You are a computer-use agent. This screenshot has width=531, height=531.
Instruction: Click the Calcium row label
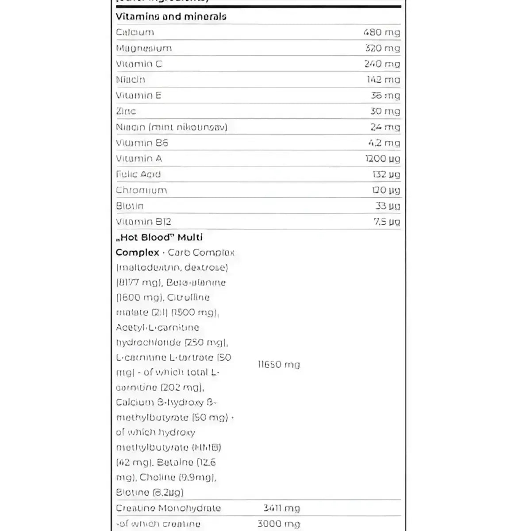click(135, 32)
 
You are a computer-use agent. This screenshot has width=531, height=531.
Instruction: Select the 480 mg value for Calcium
click(381, 32)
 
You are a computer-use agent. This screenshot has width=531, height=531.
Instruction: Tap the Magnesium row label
click(144, 48)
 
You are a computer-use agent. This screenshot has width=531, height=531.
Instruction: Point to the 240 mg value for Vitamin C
click(382, 64)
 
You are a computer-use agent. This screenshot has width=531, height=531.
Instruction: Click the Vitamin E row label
click(139, 96)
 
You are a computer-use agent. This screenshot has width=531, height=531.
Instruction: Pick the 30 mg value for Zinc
click(385, 112)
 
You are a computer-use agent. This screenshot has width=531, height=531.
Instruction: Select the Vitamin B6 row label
click(142, 143)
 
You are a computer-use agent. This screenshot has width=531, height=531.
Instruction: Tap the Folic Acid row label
click(138, 174)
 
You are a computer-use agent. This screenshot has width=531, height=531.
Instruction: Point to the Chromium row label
click(142, 190)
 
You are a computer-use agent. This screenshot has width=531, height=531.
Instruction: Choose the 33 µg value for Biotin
click(387, 206)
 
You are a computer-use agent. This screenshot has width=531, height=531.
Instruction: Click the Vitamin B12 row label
click(143, 222)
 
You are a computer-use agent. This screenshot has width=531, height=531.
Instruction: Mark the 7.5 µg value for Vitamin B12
click(387, 222)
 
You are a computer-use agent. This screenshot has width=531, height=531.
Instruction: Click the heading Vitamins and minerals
click(171, 17)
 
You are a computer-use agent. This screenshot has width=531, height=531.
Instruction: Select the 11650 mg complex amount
click(279, 365)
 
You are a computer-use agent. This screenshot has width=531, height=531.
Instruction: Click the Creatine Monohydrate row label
click(168, 508)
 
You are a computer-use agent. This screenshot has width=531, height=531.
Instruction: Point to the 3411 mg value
click(281, 508)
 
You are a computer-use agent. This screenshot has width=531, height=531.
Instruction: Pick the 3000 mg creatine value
click(279, 524)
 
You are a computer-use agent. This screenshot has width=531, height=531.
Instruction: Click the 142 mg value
click(383, 80)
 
